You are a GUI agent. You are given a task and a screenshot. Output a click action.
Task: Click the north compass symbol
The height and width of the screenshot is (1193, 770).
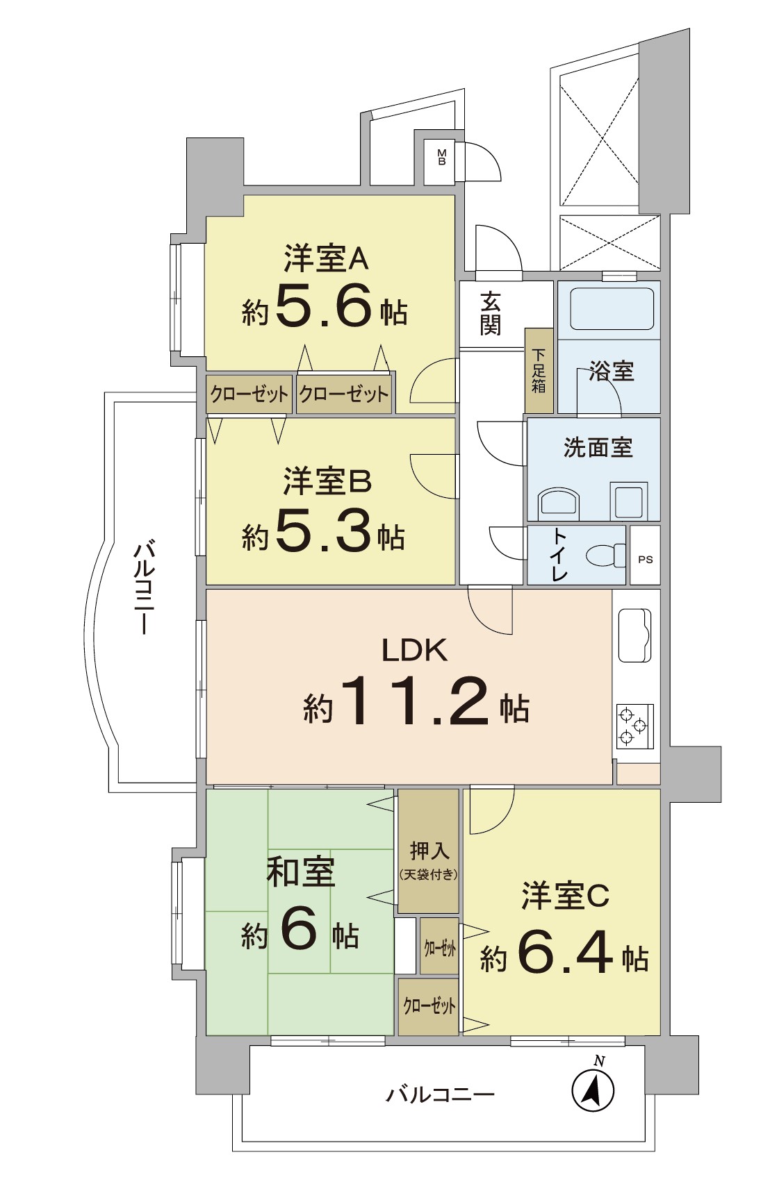tap(593, 1090)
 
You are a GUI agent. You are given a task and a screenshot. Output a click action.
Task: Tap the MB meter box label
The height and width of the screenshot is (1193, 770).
tap(441, 157)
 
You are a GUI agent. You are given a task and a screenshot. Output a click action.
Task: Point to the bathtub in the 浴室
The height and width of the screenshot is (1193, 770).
tap(612, 309)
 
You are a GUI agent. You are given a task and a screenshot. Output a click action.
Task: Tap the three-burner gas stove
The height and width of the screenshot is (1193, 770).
tap(634, 726)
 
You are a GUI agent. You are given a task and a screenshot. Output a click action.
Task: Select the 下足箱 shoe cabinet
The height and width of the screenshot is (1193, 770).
tap(539, 371)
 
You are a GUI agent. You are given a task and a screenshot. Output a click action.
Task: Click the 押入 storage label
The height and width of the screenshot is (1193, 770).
tap(429, 851)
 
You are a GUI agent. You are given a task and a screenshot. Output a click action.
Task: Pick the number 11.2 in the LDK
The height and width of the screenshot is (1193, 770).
tap(414, 701)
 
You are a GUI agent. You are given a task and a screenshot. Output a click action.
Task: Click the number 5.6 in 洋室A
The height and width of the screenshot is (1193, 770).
tap(324, 306)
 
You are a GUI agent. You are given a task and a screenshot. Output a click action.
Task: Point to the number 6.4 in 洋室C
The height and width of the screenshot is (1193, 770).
tap(564, 952)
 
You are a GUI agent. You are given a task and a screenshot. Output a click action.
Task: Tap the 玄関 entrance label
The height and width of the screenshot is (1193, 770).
tap(491, 314)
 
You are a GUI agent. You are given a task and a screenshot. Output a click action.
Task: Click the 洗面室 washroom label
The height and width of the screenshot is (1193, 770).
tap(598, 448)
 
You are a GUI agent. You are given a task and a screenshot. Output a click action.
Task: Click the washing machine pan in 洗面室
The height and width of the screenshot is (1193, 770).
tap(629, 501)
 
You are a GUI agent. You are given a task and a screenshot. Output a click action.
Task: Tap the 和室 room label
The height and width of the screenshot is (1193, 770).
tap(301, 872)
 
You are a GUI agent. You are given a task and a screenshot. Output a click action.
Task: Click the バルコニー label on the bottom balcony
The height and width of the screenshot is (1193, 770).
tap(440, 1095)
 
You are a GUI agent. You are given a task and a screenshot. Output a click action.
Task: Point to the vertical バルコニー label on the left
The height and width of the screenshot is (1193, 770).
tap(144, 587)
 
